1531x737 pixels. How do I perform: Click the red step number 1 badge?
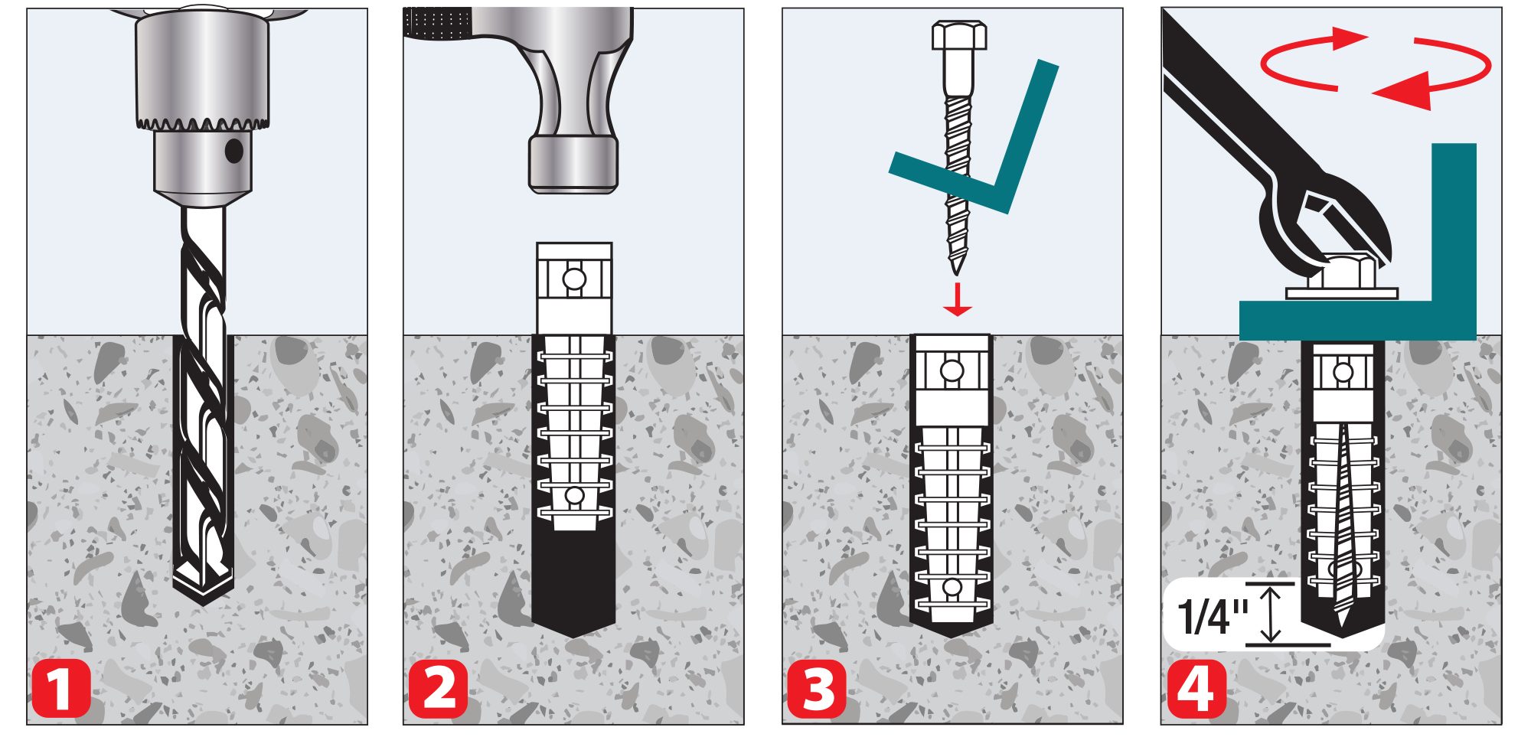tap(61, 689)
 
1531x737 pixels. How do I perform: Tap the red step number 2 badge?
tap(438, 689)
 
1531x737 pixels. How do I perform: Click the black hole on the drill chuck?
tap(234, 151)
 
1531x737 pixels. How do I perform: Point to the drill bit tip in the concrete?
tap(203, 601)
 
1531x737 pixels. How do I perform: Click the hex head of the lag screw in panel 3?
tap(959, 35)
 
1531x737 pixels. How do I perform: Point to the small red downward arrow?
tap(957, 299)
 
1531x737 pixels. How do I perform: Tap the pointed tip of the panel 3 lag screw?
tap(955, 272)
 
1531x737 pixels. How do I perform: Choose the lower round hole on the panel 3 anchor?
tap(952, 588)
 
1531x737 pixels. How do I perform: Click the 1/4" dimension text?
tap(1213, 617)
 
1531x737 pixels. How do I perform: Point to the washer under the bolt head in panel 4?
tap(1342, 293)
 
